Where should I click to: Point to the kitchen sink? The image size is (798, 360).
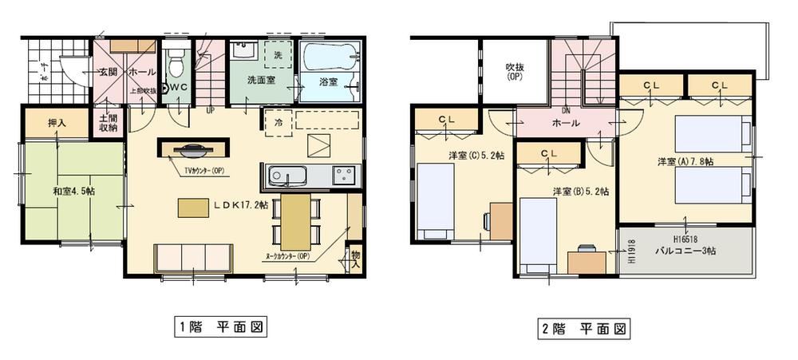pos(283,175)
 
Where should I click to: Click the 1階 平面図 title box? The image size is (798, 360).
pos(219,327)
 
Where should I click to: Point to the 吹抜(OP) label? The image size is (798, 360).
pos(514,73)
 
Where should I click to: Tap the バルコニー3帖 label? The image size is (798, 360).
pos(685,250)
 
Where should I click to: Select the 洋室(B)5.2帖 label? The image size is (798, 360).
pos(581,192)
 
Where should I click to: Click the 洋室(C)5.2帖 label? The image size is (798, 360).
pos(477,156)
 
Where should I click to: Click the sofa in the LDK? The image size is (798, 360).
pos(193,258)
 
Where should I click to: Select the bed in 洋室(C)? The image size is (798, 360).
pos(436,200)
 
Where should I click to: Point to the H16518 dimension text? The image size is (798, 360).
pos(685,238)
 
